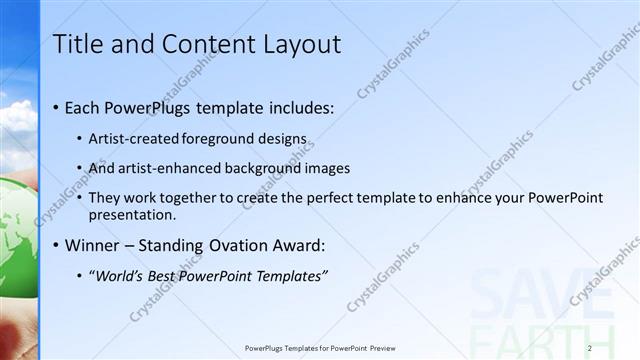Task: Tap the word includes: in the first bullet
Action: [298, 107]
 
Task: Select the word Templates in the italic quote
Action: [288, 276]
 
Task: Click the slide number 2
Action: [590, 348]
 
